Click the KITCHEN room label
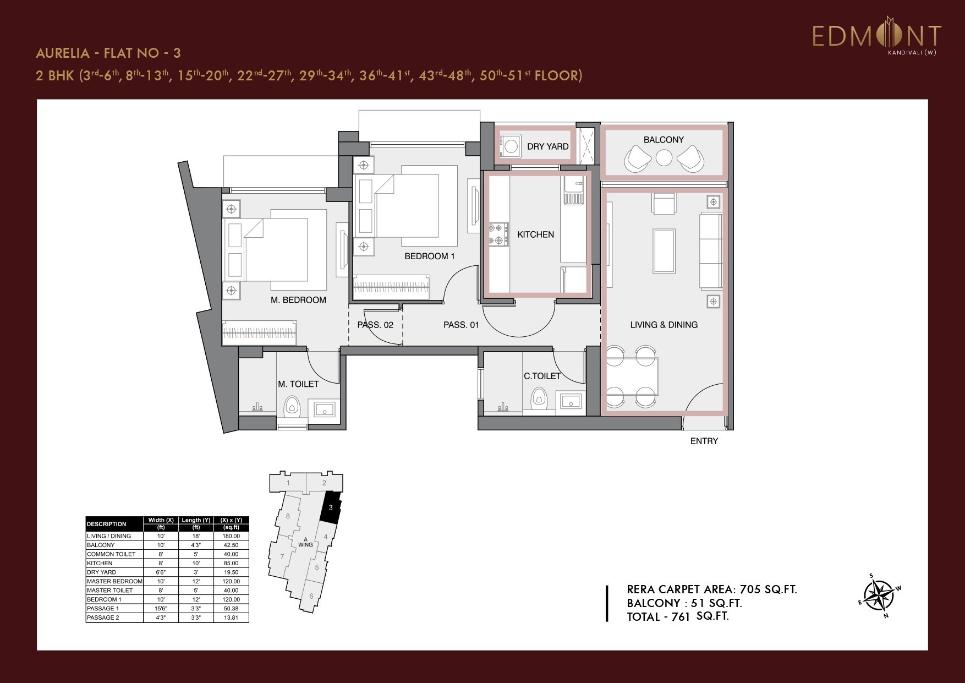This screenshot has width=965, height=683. point(535,234)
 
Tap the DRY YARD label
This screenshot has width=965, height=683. point(547,146)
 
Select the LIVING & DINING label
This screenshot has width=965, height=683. point(664,325)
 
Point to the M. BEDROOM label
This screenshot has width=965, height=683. point(298,300)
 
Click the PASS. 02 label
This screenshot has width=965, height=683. point(375,325)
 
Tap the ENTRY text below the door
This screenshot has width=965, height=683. point(704,441)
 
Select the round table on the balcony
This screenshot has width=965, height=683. point(664,159)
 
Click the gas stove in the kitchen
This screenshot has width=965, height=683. point(496,233)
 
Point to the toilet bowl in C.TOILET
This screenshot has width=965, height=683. point(538,398)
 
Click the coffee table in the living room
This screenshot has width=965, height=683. point(664,251)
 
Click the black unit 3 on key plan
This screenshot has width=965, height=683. point(331,508)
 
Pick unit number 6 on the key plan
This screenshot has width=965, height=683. point(311,596)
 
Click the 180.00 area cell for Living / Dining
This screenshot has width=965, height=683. point(231,536)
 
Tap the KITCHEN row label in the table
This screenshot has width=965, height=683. point(100,563)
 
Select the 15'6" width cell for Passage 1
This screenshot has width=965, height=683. point(161,609)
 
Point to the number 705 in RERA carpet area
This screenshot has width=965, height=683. point(752,589)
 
